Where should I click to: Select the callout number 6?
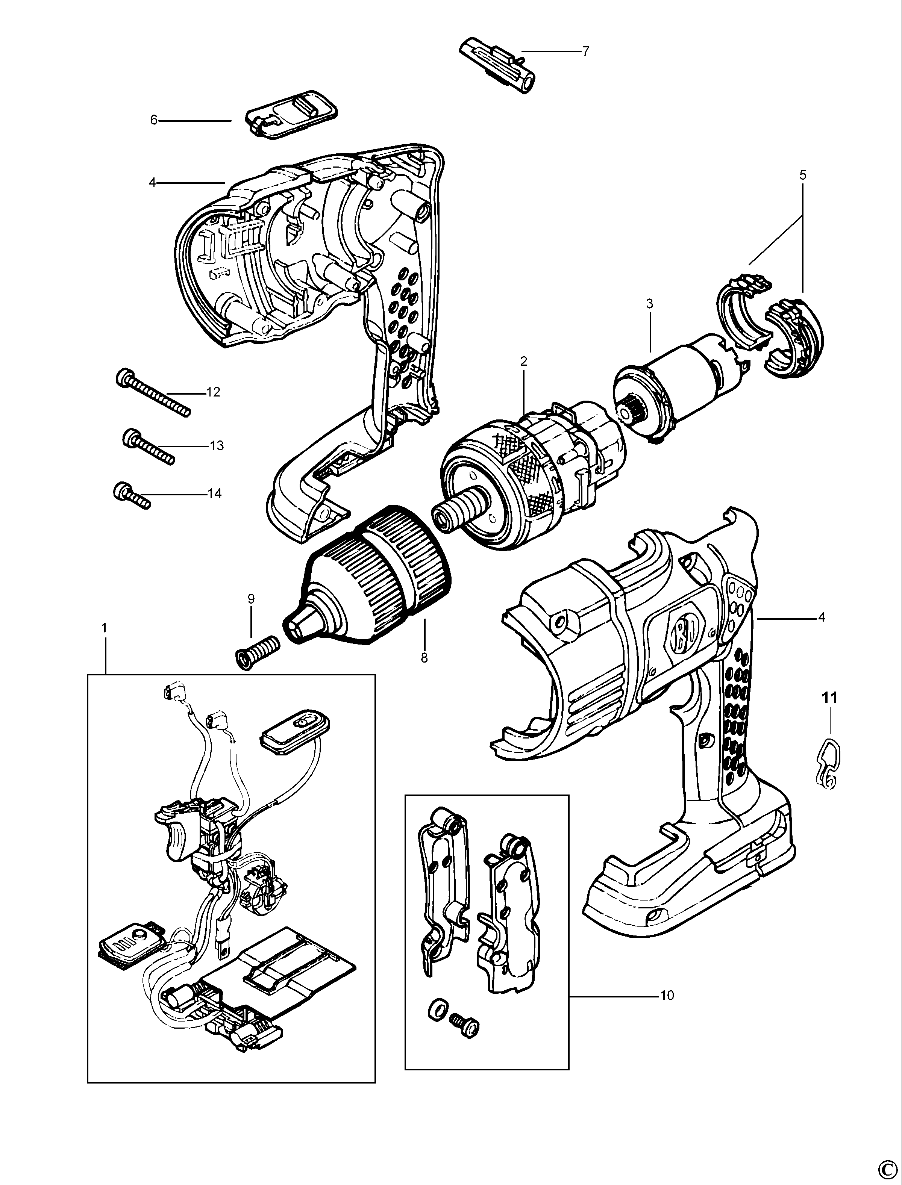[x=153, y=120]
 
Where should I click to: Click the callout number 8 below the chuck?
[x=424, y=658]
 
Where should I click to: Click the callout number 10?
[x=667, y=996]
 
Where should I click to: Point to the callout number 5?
[x=803, y=175]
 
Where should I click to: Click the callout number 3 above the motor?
[x=650, y=304]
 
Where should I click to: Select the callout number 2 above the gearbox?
[x=523, y=362]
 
